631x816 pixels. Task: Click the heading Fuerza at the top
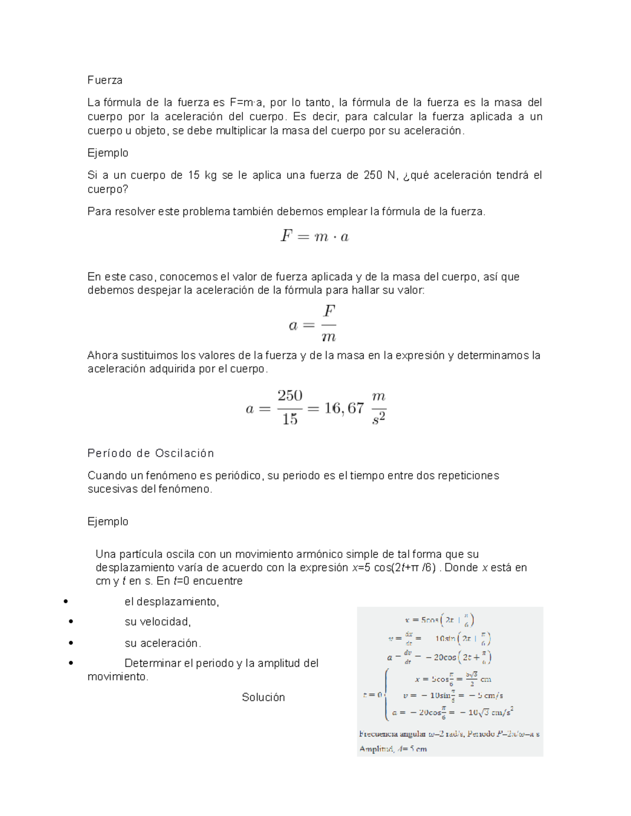pos(105,80)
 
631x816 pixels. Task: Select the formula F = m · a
pos(314,236)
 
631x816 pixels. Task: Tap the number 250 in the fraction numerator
pos(290,396)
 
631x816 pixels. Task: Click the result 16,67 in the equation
pos(344,408)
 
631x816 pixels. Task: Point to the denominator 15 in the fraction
pos(290,419)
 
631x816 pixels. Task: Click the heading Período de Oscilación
pos(150,453)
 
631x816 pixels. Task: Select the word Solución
pos(263,697)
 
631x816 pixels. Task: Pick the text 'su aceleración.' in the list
pos(162,643)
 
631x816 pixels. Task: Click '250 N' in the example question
pos(380,175)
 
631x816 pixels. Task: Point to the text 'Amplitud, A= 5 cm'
pos(393,749)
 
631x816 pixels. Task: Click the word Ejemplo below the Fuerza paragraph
pos(108,153)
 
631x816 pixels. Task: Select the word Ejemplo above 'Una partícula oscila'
pos(108,522)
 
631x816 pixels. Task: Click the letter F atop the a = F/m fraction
pos(329,312)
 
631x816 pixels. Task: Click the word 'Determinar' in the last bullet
pos(152,663)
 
